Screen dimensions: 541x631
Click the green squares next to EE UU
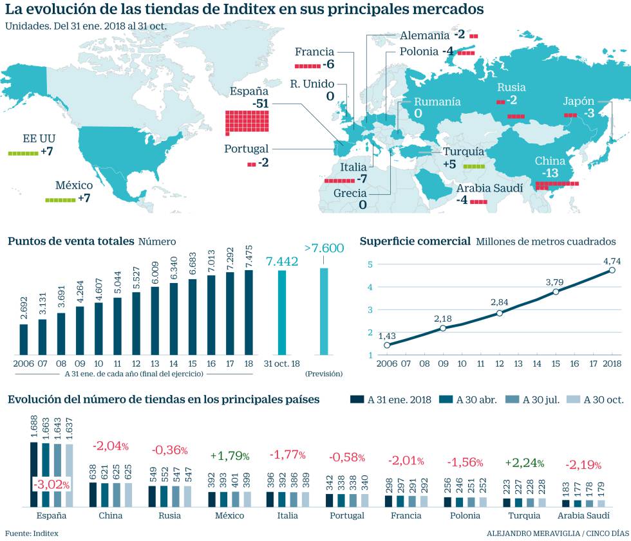[23, 153]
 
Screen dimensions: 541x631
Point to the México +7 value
[84, 199]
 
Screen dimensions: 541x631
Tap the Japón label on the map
[578, 102]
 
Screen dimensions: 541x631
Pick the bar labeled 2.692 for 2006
[24, 339]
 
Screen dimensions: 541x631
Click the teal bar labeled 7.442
[282, 312]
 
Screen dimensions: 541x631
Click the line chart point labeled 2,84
[499, 313]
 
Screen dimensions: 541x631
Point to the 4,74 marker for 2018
[612, 270]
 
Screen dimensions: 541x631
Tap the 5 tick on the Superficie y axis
[370, 264]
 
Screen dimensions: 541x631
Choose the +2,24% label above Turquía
[524, 463]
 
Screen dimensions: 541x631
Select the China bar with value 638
[93, 493]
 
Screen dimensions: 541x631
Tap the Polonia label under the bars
[466, 515]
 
